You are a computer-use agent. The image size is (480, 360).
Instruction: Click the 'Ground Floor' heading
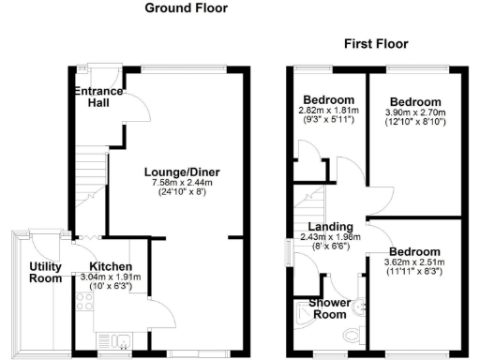(186, 8)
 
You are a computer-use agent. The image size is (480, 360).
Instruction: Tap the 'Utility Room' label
(44, 273)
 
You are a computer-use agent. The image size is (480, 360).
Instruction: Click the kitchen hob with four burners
(83, 302)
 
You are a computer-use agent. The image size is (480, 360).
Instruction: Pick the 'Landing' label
(330, 226)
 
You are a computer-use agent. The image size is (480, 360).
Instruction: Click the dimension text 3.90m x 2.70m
(415, 112)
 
